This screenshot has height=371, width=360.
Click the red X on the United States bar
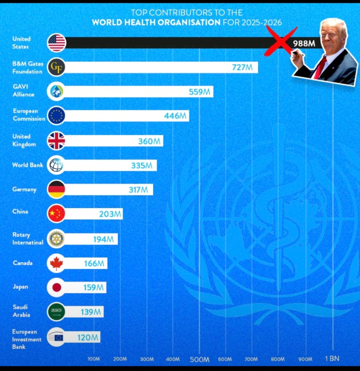(280, 41)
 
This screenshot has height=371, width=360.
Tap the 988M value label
(305, 43)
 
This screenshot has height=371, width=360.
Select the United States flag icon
(57, 43)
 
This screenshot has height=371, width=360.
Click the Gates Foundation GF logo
(57, 67)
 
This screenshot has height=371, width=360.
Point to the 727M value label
(242, 67)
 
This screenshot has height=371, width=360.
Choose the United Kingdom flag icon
(57, 141)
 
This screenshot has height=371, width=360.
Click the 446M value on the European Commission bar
(175, 116)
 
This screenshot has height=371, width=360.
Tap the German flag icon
(57, 189)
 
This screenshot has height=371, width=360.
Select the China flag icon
(57, 214)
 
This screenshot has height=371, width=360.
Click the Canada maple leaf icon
(57, 263)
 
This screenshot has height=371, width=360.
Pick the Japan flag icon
(57, 288)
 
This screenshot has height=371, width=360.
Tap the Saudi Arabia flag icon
(57, 312)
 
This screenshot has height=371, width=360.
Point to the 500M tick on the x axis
(200, 359)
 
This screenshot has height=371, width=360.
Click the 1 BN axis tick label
(332, 359)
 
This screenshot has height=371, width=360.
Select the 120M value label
(88, 338)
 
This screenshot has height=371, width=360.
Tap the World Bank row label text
(28, 165)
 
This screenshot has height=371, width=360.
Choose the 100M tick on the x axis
(94, 359)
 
